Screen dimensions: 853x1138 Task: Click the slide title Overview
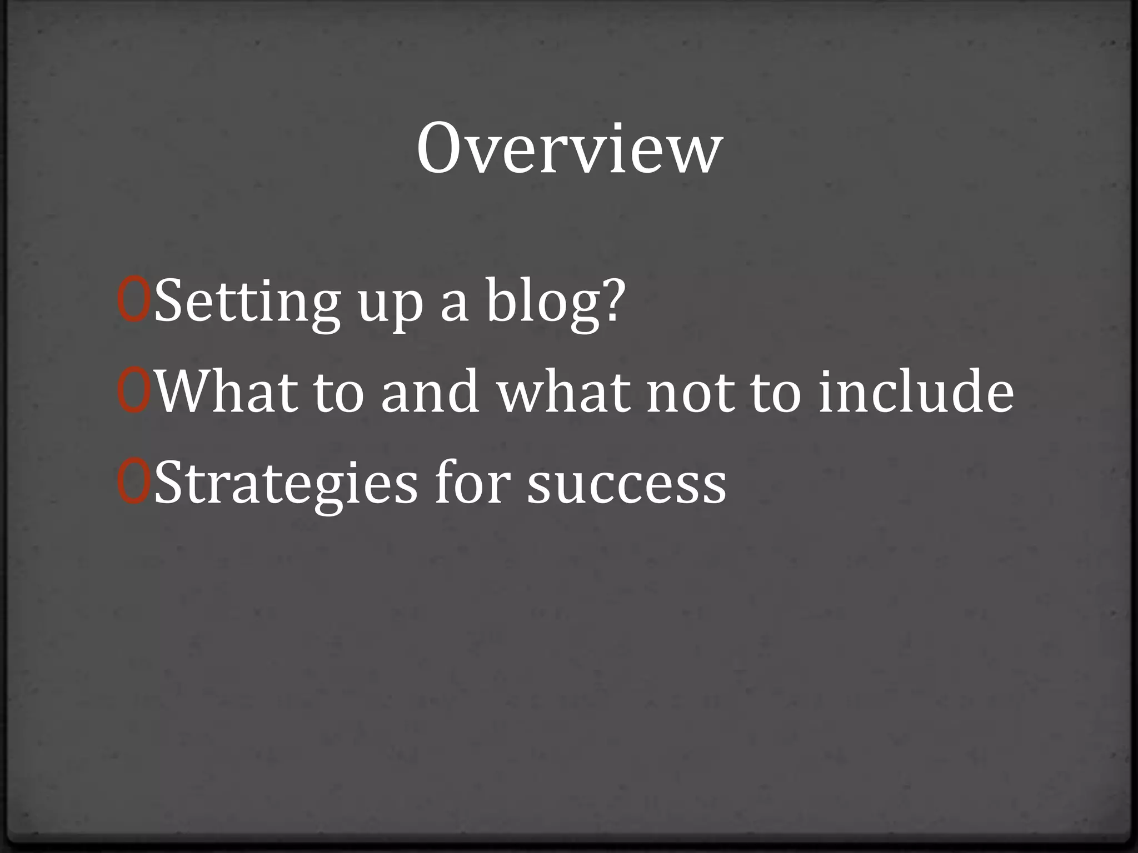point(569,149)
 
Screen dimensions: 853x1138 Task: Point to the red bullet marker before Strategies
point(134,483)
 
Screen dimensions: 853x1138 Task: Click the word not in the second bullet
point(690,393)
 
